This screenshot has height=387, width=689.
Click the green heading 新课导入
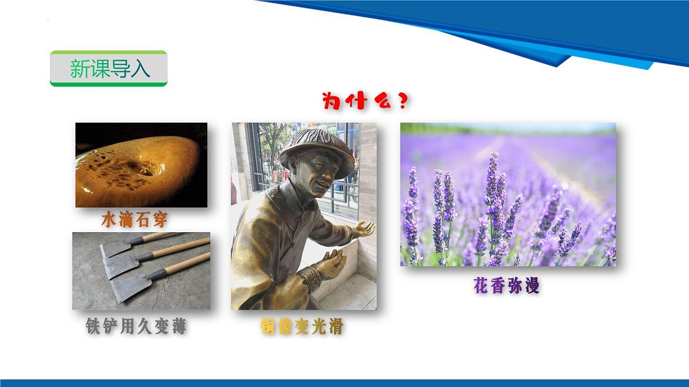109,69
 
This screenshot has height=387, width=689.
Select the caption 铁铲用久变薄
136,327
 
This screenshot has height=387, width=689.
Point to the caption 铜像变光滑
301,327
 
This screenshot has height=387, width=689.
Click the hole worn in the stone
144,167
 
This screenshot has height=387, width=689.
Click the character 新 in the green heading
79,69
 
